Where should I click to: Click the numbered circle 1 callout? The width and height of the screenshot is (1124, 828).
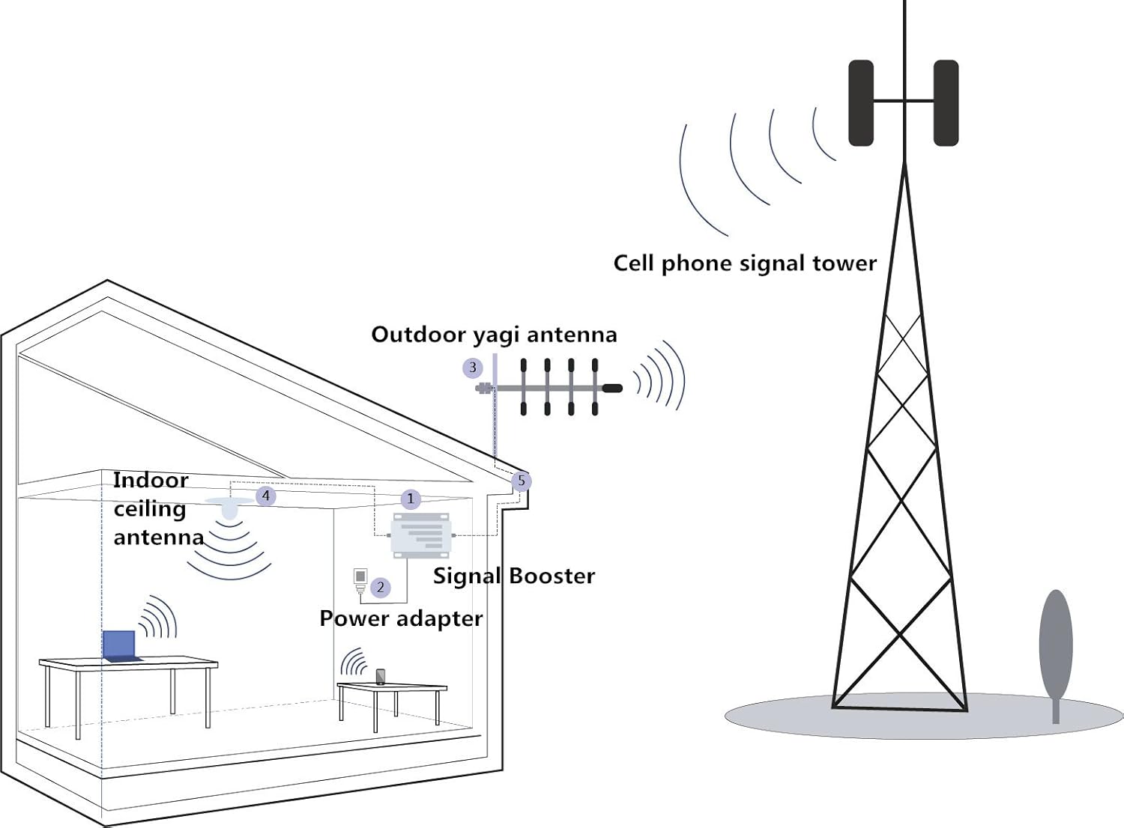410,499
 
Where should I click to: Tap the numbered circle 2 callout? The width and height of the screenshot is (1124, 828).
381,588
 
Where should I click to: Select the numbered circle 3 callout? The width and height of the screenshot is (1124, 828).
472,368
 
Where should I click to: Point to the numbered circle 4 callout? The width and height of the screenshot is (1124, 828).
265,496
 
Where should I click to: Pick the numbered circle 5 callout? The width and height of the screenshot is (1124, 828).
522,481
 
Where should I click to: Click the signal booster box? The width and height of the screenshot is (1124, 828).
420,535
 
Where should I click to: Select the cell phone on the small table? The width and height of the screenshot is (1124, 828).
380,677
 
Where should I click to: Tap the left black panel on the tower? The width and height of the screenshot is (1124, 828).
861,103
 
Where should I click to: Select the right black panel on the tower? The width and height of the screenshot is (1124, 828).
946,103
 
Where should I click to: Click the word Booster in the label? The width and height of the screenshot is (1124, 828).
552,576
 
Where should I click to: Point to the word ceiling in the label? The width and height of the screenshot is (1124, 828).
150,510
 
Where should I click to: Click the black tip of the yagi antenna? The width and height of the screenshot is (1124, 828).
612,389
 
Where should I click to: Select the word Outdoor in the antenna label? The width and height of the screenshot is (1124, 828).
419,335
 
